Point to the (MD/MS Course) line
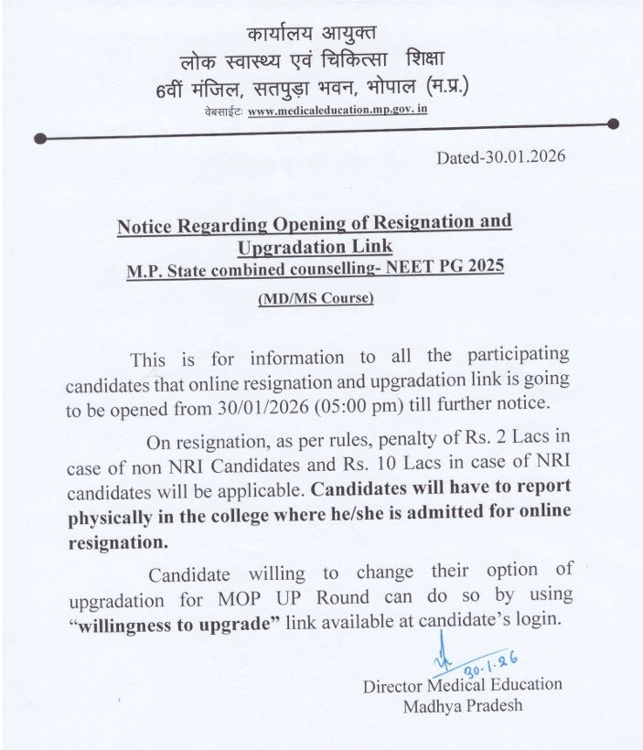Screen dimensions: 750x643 coord(315,298)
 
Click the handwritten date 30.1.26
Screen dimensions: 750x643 coord(477,659)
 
